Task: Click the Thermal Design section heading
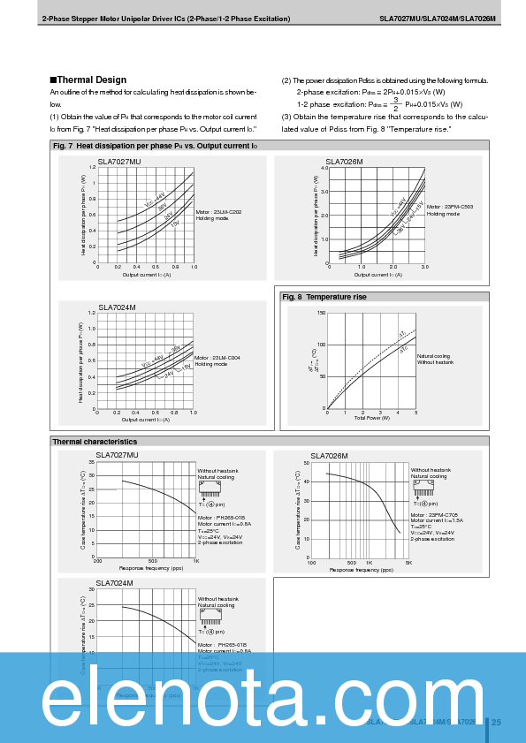(x=90, y=80)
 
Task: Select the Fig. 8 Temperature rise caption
(x=324, y=297)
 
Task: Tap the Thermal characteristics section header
(x=95, y=441)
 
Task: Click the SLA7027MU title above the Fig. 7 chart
(x=119, y=162)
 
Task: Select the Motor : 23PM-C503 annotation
(x=450, y=207)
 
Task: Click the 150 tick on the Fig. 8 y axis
(x=321, y=312)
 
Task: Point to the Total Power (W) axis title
(x=372, y=417)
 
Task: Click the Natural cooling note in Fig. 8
(x=434, y=356)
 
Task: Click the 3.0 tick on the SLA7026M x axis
(x=424, y=267)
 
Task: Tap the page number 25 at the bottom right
(x=496, y=723)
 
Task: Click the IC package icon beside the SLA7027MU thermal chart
(x=210, y=486)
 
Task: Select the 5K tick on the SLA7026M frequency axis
(x=408, y=562)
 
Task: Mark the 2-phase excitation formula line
(x=371, y=92)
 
